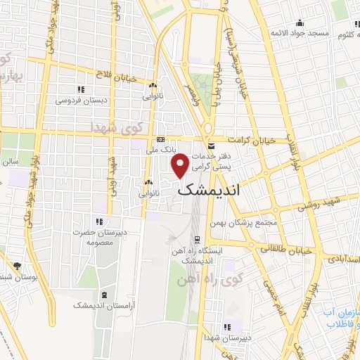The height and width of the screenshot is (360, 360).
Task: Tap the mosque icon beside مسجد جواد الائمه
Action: (x=300, y=22)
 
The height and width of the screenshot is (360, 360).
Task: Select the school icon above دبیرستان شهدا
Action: (x=226, y=327)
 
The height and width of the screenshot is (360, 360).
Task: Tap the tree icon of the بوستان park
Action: (x=17, y=266)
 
